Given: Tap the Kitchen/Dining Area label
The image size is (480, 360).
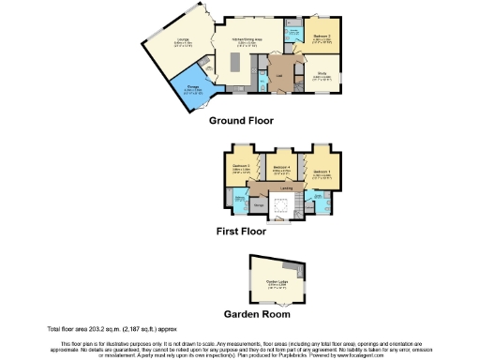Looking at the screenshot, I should [x=248, y=40].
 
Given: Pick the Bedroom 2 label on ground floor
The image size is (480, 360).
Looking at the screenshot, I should [x=322, y=37].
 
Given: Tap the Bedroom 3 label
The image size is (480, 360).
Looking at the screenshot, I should [x=240, y=169].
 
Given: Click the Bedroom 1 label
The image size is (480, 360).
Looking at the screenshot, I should [x=322, y=172].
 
